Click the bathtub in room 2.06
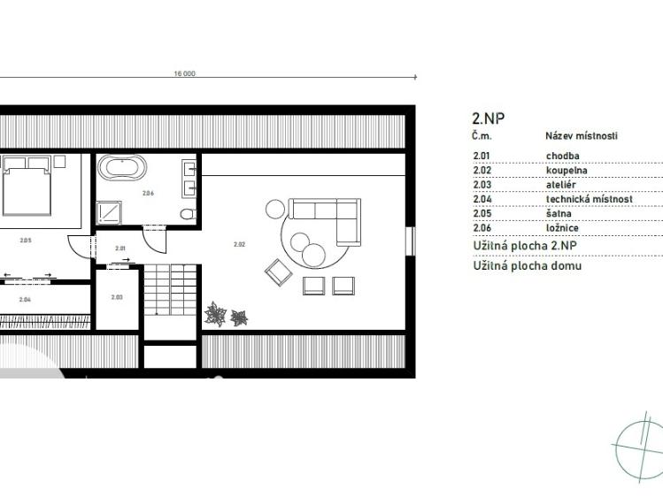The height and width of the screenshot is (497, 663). [x=122, y=167]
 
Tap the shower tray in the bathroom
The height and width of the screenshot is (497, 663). [x=110, y=212]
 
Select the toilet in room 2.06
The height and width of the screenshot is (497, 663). [x=188, y=214]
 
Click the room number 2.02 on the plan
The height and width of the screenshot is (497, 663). [x=239, y=244]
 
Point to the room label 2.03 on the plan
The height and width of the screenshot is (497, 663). [x=117, y=297]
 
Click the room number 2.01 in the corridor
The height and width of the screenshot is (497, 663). [x=120, y=248]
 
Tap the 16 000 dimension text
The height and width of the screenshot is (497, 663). [x=185, y=73]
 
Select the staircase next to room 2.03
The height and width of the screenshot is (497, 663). [x=171, y=290]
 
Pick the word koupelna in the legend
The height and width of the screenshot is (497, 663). [x=567, y=171]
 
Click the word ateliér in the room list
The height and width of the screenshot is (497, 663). [x=560, y=185]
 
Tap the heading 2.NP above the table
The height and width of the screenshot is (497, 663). [x=489, y=119]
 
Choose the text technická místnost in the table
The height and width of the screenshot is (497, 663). [x=589, y=199]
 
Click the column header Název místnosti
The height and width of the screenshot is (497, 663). [x=582, y=136]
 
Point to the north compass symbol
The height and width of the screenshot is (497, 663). [x=638, y=447]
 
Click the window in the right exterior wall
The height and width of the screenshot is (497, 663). [x=410, y=241]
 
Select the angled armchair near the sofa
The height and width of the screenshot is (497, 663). [x=278, y=272]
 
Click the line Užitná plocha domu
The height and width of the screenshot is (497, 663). [x=528, y=266]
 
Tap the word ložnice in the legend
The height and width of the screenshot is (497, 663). [x=562, y=228]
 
